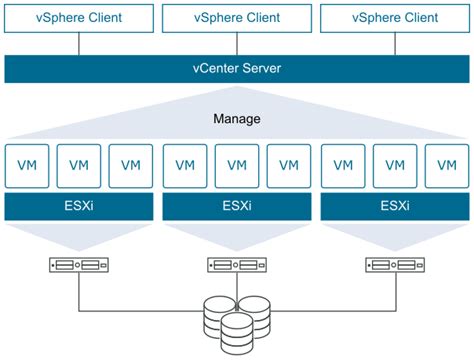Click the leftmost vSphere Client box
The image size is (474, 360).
(79, 16)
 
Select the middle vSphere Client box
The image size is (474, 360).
(237, 16)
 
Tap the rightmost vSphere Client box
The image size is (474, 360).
(394, 16)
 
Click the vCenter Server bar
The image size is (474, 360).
(237, 68)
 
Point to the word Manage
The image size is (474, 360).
(237, 119)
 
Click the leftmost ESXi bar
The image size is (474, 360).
(79, 208)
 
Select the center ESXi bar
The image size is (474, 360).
(237, 208)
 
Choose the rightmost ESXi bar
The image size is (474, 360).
(394, 208)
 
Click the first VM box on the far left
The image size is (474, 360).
(27, 165)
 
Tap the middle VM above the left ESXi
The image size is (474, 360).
(79, 165)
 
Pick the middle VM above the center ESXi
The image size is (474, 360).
(237, 165)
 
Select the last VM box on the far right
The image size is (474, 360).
(446, 165)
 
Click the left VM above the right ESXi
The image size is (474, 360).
(342, 165)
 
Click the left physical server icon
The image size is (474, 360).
(79, 266)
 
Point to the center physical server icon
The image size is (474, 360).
(237, 266)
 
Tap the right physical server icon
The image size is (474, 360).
(394, 266)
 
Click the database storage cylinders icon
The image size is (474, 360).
(237, 322)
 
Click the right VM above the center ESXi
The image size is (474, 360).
(289, 165)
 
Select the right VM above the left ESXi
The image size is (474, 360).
(131, 165)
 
